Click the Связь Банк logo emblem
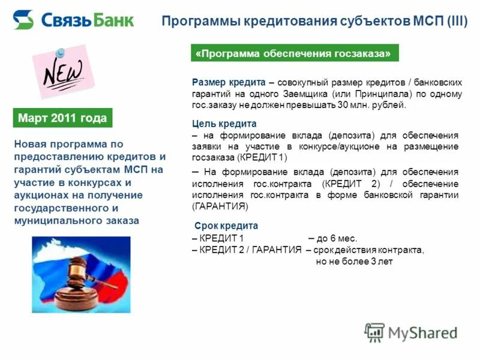point(23,20)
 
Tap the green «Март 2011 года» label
point(62,118)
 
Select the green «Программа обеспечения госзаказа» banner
point(295,53)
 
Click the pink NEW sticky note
point(62,73)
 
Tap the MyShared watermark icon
point(374,332)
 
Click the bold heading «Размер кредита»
point(228,83)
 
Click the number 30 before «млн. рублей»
point(343,105)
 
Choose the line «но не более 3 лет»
point(354,261)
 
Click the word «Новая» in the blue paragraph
point(31,144)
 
